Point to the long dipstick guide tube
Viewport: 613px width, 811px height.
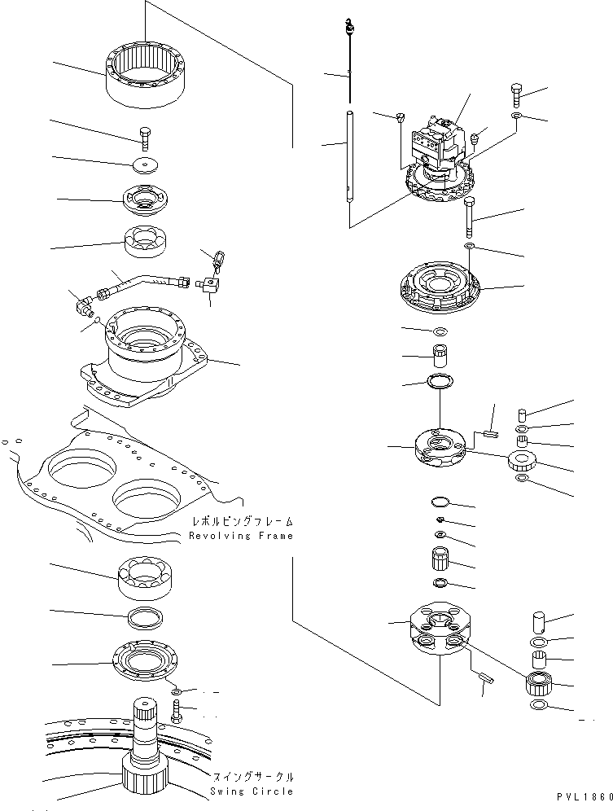point(348,155)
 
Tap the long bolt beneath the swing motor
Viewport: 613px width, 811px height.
point(470,216)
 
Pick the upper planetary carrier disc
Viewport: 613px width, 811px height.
point(440,449)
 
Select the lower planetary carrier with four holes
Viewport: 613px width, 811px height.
point(440,629)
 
